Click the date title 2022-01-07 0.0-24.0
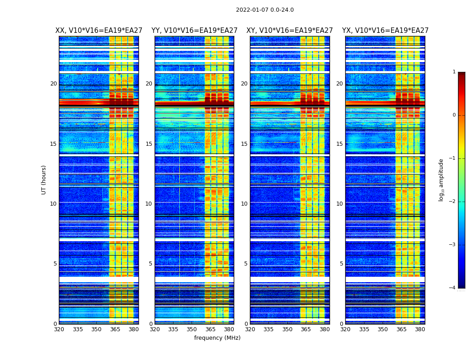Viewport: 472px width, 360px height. (265, 10)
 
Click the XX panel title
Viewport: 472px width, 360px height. (99, 31)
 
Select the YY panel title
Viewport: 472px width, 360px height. (194, 31)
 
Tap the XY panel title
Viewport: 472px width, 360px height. (289, 31)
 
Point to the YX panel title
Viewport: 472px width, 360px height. (385, 31)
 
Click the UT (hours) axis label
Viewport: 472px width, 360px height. (44, 180)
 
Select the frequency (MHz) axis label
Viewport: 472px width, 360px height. (217, 338)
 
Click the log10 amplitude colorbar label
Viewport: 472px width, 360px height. (441, 180)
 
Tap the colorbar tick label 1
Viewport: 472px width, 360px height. (454, 72)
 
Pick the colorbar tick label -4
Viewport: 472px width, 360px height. (453, 288)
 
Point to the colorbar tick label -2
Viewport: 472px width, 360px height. (453, 202)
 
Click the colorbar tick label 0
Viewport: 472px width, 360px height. (454, 115)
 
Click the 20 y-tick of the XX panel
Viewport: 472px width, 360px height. (53, 84)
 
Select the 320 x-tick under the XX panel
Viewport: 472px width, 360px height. (59, 329)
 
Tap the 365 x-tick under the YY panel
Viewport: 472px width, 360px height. (210, 329)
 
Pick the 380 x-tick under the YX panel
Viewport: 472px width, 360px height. (420, 329)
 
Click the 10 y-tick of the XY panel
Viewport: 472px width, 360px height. (245, 204)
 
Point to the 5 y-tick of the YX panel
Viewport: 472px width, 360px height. (341, 264)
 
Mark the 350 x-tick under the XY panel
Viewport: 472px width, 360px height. (287, 329)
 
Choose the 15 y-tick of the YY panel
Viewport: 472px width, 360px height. (149, 144)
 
